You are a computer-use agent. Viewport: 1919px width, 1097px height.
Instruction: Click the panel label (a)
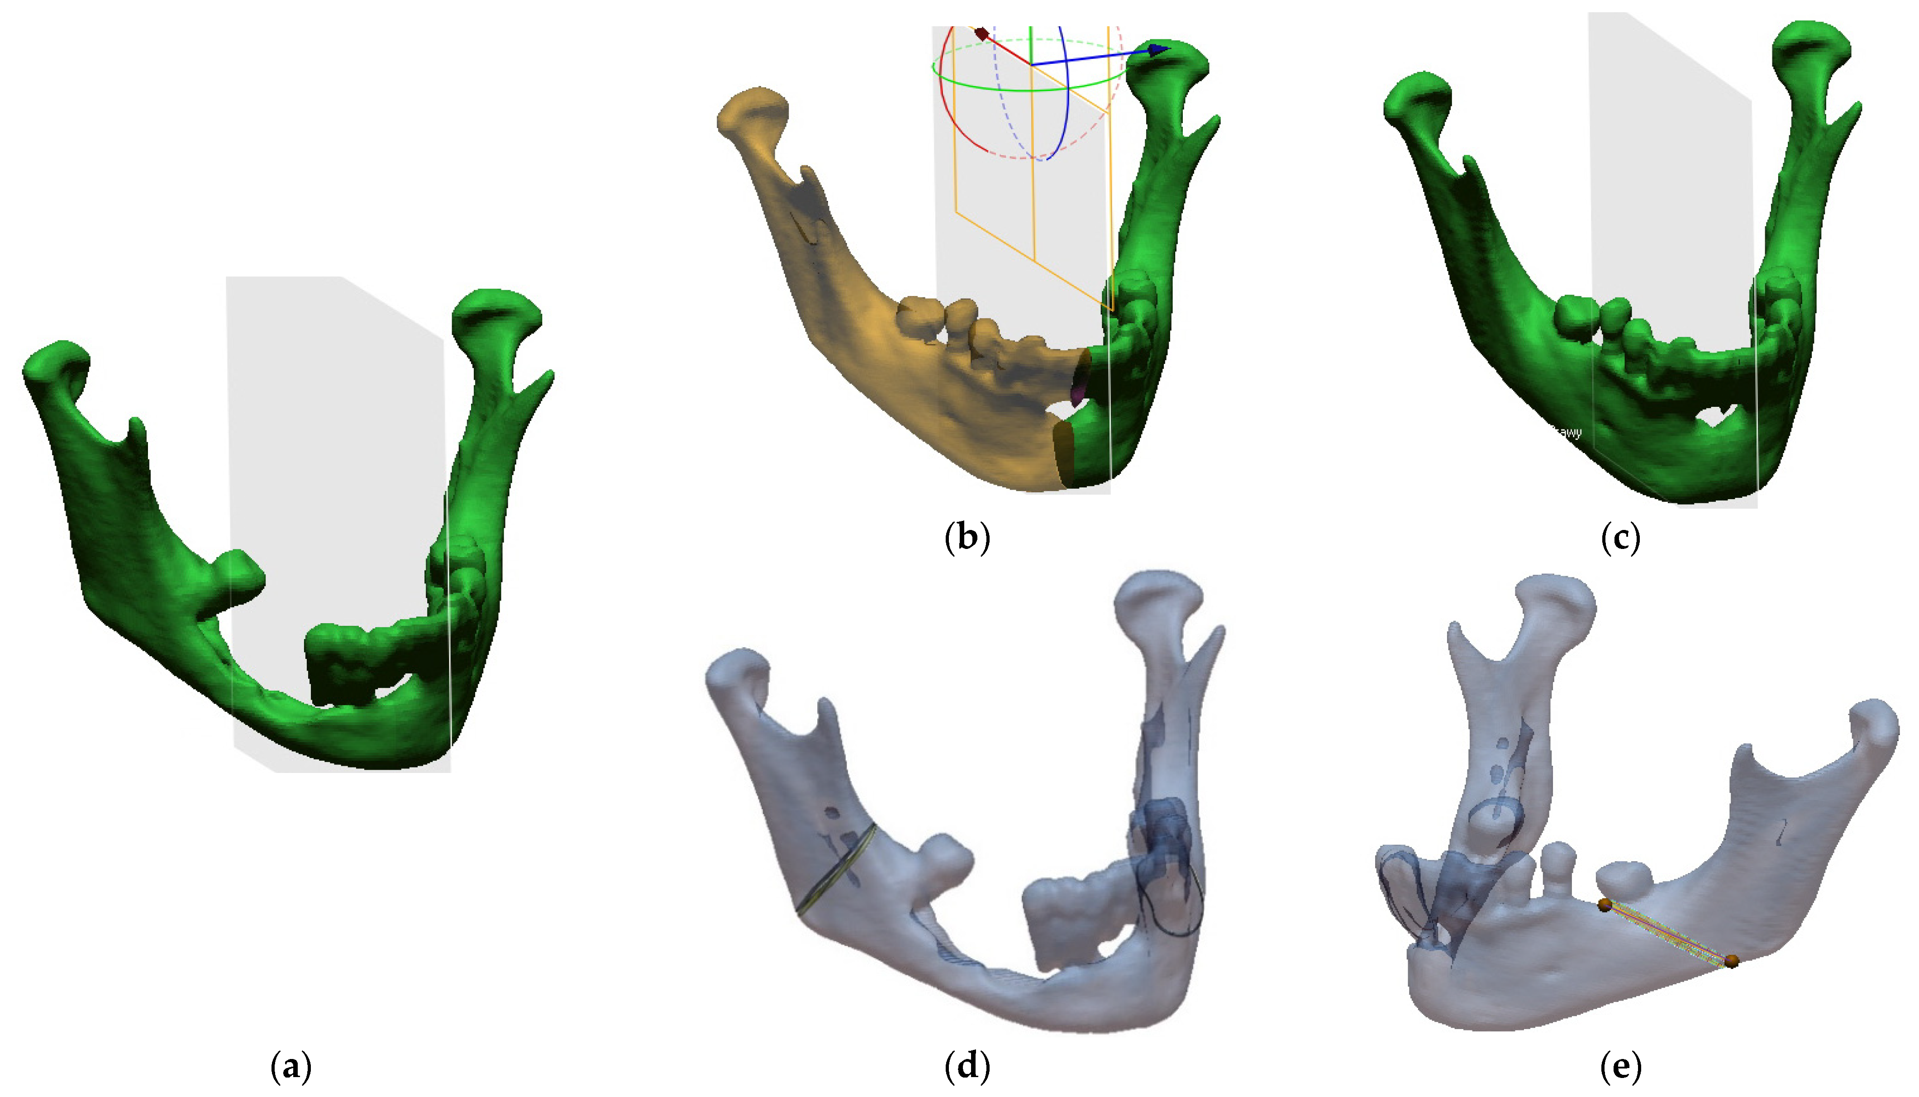click(290, 1067)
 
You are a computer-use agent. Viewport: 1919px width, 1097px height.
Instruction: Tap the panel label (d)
click(967, 1067)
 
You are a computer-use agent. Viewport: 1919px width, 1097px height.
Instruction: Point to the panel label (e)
click(1621, 1067)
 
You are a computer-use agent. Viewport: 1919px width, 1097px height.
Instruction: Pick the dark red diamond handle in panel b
click(981, 33)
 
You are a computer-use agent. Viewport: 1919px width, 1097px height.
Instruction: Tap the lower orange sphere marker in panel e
click(1732, 961)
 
